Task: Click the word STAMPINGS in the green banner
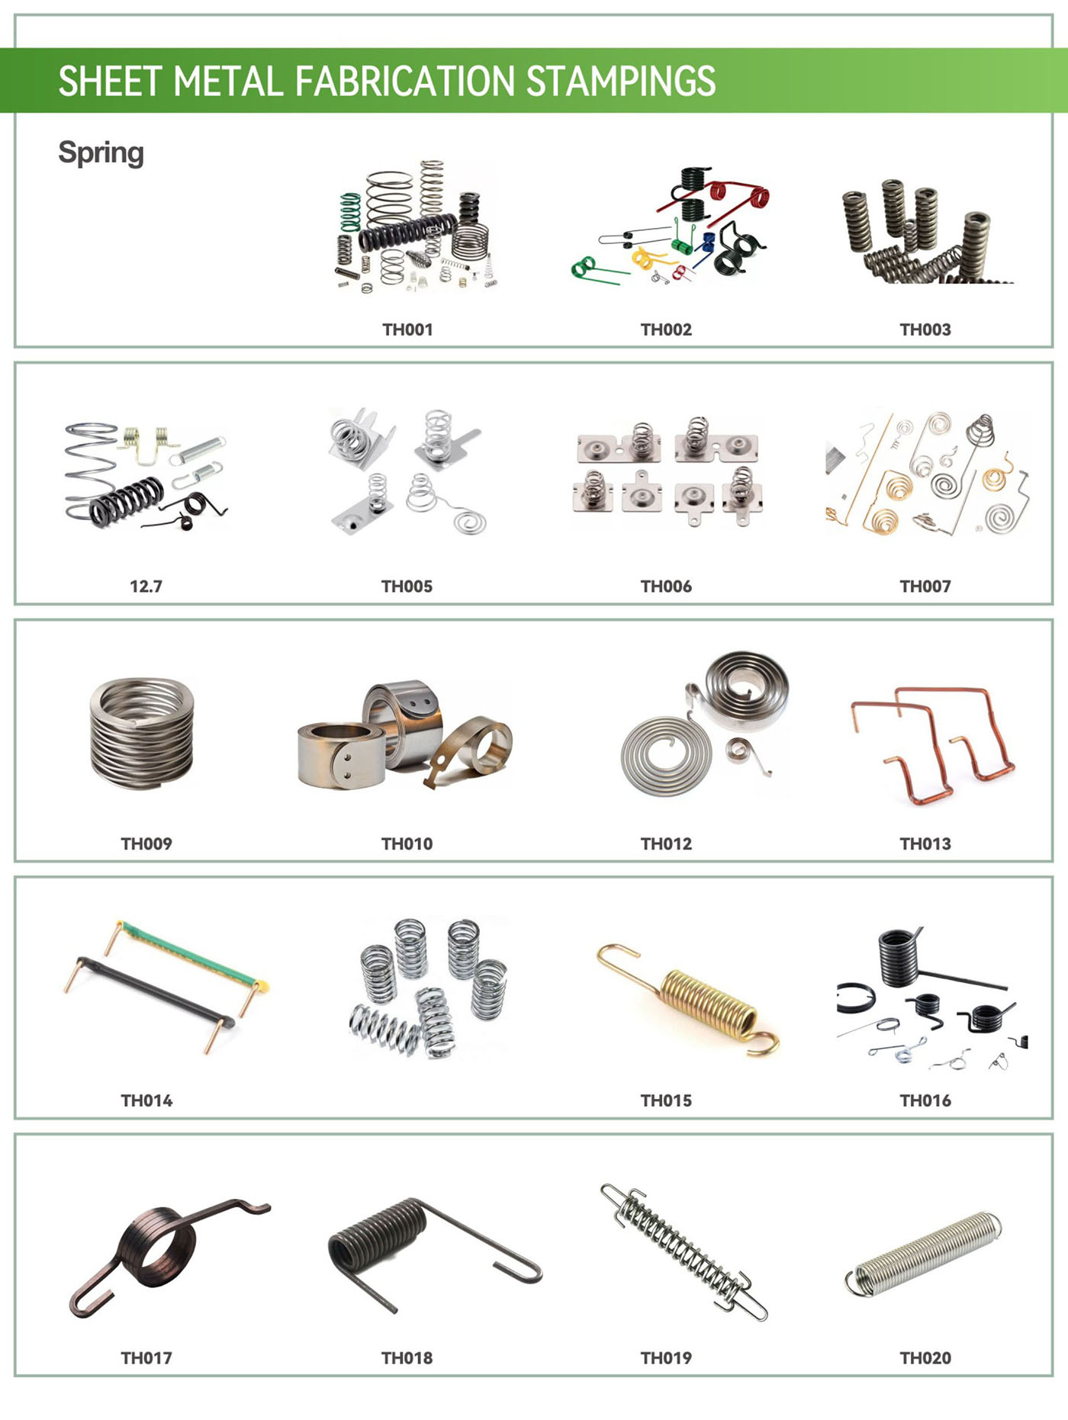point(621,81)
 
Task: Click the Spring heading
point(101,153)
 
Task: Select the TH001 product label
point(407,329)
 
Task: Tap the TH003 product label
point(925,329)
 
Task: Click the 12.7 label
point(146,586)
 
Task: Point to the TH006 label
point(666,586)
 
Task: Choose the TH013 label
point(925,843)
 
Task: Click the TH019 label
point(666,1357)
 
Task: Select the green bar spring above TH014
point(191,953)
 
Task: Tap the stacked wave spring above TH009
point(142,733)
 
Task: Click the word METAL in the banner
point(228,81)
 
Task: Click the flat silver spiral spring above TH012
point(666,755)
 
